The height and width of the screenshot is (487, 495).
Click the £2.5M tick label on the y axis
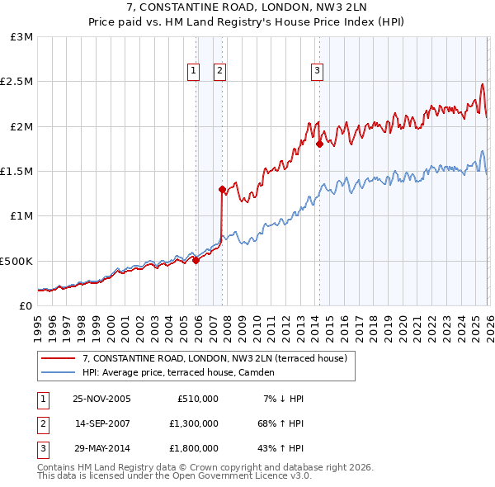pos(16,82)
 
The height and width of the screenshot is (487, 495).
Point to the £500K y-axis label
pos(16,261)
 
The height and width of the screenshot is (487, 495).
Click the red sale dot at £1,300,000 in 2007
pos(222,189)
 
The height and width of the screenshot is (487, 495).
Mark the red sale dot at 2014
pos(319,144)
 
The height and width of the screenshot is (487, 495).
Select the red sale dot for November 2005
pos(196,260)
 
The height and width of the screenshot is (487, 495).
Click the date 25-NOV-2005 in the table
pos(101,399)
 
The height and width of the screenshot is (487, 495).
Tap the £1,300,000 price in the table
pos(198,423)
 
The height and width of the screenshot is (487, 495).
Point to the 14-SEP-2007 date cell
pos(101,423)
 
